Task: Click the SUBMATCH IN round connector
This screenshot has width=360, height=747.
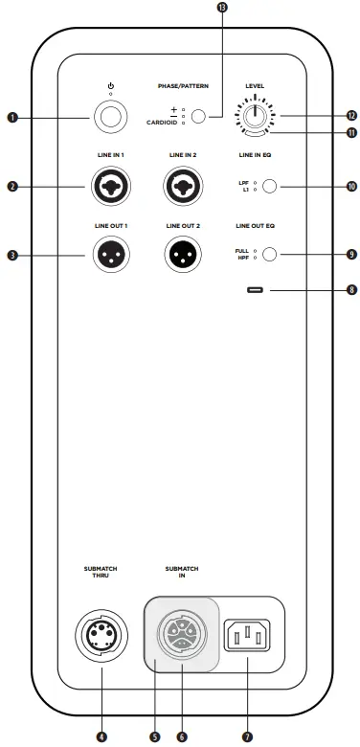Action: click(x=181, y=633)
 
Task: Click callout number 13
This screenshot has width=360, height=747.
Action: click(x=223, y=8)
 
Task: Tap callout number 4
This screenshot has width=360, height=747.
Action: click(x=101, y=736)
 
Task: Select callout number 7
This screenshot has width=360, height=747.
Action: click(x=247, y=736)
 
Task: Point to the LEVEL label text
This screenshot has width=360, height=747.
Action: click(x=255, y=85)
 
